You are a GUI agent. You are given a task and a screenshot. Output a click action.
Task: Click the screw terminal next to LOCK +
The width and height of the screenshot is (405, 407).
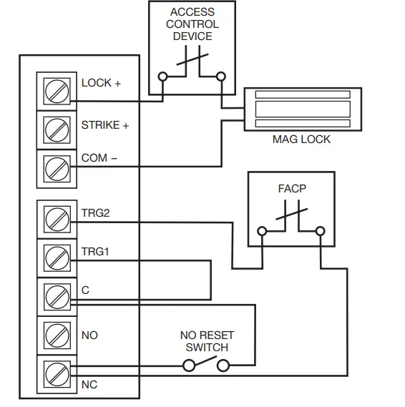click(57, 90)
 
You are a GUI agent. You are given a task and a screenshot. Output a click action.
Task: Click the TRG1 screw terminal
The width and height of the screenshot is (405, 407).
click(57, 257)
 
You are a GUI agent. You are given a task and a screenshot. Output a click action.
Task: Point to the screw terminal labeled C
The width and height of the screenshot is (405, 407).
click(57, 295)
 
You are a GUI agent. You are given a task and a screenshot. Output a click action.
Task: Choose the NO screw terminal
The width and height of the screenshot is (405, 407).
click(57, 334)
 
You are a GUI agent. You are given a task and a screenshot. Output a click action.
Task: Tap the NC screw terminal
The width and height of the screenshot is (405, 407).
click(57, 373)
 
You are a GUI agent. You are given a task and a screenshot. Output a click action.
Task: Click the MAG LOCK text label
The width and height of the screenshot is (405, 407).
click(301, 139)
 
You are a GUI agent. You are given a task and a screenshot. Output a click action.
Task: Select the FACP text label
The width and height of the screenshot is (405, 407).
click(291, 190)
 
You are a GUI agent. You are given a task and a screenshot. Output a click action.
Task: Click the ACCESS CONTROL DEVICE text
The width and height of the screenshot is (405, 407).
click(191, 24)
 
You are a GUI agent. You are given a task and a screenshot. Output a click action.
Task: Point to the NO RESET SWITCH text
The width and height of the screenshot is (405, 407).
click(206, 341)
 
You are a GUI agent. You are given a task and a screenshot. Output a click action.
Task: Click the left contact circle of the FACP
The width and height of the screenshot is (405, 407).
click(263, 231)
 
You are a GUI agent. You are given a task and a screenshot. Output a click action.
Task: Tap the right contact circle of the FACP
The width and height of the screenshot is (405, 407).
click(320, 231)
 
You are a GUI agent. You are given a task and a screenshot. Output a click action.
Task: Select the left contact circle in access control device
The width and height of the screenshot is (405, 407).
click(164, 76)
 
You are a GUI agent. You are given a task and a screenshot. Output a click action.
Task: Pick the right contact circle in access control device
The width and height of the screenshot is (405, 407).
click(221, 76)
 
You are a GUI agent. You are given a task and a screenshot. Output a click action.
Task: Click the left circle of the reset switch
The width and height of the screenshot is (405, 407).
click(190, 366)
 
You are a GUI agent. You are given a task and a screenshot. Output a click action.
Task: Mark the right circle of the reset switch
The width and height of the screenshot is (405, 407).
click(223, 366)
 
